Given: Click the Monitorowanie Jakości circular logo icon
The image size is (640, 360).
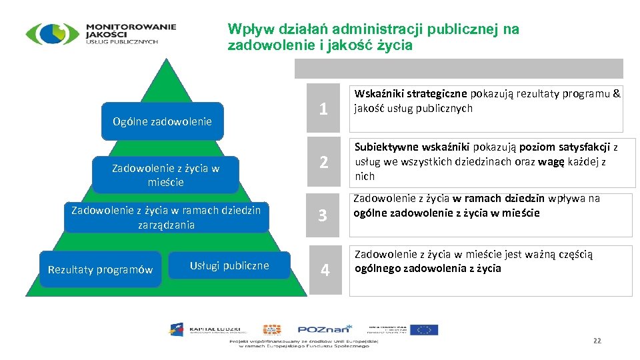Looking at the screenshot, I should pos(52,33).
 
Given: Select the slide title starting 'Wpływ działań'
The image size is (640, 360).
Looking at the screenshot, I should pos(373,37).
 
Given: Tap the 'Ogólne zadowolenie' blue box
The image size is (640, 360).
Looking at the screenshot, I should pos(162,121).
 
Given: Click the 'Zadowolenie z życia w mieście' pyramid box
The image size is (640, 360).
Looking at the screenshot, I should pos(165,175).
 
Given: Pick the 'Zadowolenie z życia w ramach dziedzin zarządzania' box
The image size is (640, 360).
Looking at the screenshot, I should pos(166,217).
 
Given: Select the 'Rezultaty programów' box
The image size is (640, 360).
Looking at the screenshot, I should pos(100,269).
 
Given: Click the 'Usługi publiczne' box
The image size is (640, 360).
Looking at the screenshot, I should pos(229,265).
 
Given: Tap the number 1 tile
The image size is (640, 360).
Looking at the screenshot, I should pos(323,109).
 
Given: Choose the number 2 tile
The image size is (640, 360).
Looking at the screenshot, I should pos(323,162).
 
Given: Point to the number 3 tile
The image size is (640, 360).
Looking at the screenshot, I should pos(323,215).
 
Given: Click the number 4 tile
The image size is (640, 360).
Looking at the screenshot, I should pos(325,270).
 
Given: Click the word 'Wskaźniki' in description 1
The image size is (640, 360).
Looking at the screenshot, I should pos(378,94).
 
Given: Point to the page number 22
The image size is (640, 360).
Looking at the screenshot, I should pos(597,341).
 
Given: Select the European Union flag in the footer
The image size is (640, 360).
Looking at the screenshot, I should pos(424,329).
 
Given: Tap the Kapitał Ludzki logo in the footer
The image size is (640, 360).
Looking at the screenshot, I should pos(207,329).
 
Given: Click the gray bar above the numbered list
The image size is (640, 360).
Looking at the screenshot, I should pos(459,69).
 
